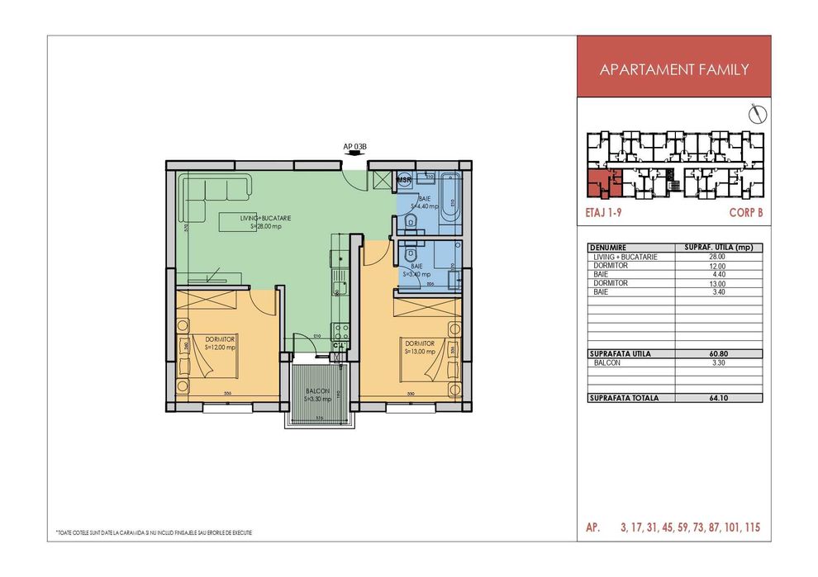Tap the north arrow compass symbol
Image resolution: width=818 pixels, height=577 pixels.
pos(754,111)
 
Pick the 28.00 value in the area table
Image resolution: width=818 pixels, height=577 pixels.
pos(716,257)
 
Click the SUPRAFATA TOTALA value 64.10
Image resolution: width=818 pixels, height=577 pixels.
pos(716,398)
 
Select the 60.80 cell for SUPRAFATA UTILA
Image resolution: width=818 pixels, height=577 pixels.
pos(716,354)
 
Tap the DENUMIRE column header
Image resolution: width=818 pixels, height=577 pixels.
pos(610,248)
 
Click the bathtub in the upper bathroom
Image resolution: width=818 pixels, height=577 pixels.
pos(450,197)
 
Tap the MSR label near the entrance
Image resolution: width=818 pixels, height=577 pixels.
pos(404,179)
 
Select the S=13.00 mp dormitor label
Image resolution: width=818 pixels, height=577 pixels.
pos(420,351)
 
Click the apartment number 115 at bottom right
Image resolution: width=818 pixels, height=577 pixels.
pos(757,527)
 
